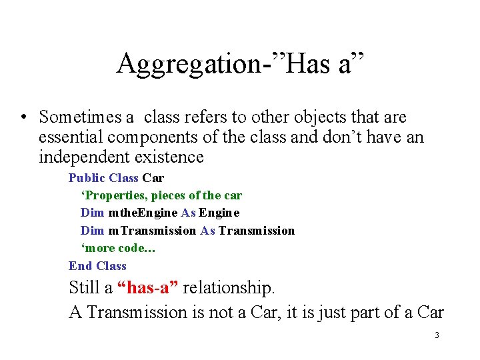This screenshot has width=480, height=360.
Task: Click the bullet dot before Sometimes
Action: (23, 118)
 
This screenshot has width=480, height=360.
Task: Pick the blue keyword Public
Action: (87, 178)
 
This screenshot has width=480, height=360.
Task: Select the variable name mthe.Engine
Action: (143, 213)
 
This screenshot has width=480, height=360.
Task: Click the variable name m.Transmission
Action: (152, 231)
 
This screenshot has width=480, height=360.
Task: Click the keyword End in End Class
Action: (80, 266)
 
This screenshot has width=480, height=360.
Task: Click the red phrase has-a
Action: (147, 288)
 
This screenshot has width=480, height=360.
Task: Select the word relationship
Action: (228, 288)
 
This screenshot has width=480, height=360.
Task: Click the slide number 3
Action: (437, 335)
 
